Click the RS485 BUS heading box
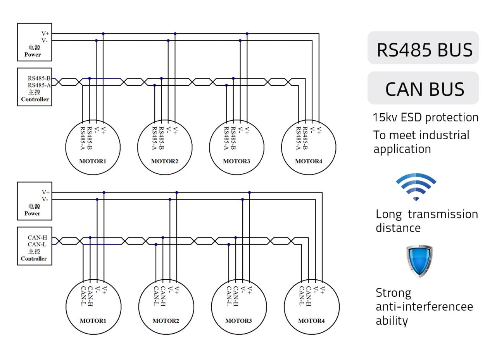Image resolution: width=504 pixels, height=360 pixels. click(423, 47)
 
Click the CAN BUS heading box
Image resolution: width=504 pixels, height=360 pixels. click(423, 88)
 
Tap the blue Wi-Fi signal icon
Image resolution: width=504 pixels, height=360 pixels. click(416, 187)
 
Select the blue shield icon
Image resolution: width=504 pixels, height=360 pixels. click(419, 261)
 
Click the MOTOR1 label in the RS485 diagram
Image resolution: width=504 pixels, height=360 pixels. click(93, 161)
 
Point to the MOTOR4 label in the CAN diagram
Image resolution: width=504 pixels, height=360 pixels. click(311, 321)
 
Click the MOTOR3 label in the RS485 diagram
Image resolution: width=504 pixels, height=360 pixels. click(236, 161)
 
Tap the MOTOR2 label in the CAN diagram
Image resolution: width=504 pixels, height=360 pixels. click(166, 321)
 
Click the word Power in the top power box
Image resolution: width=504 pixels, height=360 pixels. click(33, 54)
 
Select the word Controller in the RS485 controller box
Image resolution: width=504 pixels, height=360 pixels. click(35, 99)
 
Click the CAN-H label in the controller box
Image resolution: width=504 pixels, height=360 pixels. click(38, 237)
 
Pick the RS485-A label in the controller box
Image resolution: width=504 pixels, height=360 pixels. click(39, 85)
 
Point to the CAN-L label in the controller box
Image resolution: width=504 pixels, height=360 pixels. click(37, 244)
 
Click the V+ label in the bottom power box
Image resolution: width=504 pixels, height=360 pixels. click(45, 192)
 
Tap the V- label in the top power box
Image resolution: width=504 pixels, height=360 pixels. click(45, 40)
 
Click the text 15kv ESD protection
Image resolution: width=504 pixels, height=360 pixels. click(425, 118)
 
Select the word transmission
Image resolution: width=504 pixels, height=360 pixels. click(443, 214)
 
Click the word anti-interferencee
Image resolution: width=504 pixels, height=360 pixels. click(425, 306)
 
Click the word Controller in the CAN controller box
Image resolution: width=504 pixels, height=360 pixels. click(34, 259)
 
